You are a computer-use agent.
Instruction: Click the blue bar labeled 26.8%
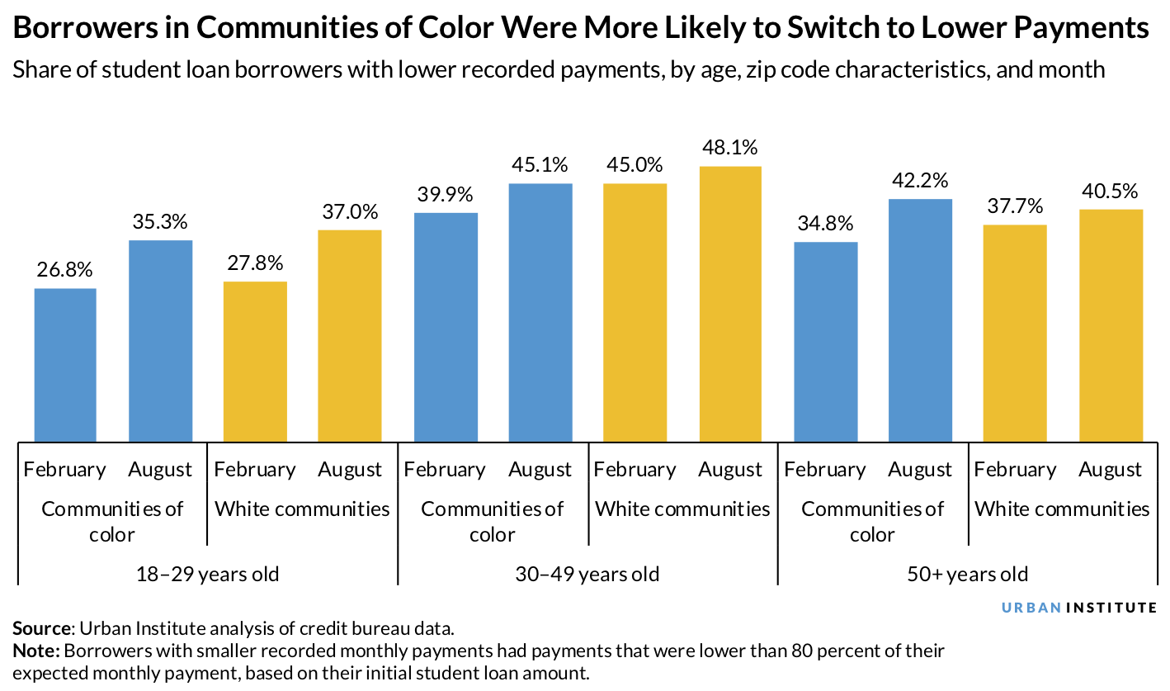coord(65,364)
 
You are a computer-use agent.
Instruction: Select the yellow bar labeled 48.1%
coord(730,304)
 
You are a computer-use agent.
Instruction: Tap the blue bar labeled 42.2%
coord(920,320)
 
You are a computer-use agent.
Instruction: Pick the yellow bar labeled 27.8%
coord(255,361)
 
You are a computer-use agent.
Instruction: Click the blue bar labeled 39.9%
coord(446,327)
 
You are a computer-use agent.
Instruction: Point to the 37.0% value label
coord(350,211)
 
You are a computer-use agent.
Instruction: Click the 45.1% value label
coord(540,165)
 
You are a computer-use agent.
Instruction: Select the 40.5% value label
coord(1111,191)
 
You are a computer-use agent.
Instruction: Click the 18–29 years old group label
coord(207,573)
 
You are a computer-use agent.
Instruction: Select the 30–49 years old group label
coord(587,573)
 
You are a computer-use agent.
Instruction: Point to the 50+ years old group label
coord(968,573)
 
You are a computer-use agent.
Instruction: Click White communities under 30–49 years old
coord(682,509)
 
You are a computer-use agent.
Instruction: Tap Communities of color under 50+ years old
coord(872,521)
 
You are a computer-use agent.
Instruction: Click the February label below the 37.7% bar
coord(1015,470)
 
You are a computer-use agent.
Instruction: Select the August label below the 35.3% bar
coord(160,470)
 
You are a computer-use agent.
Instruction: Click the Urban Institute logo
coord(1079,608)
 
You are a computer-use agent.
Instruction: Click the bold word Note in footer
coord(33,651)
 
